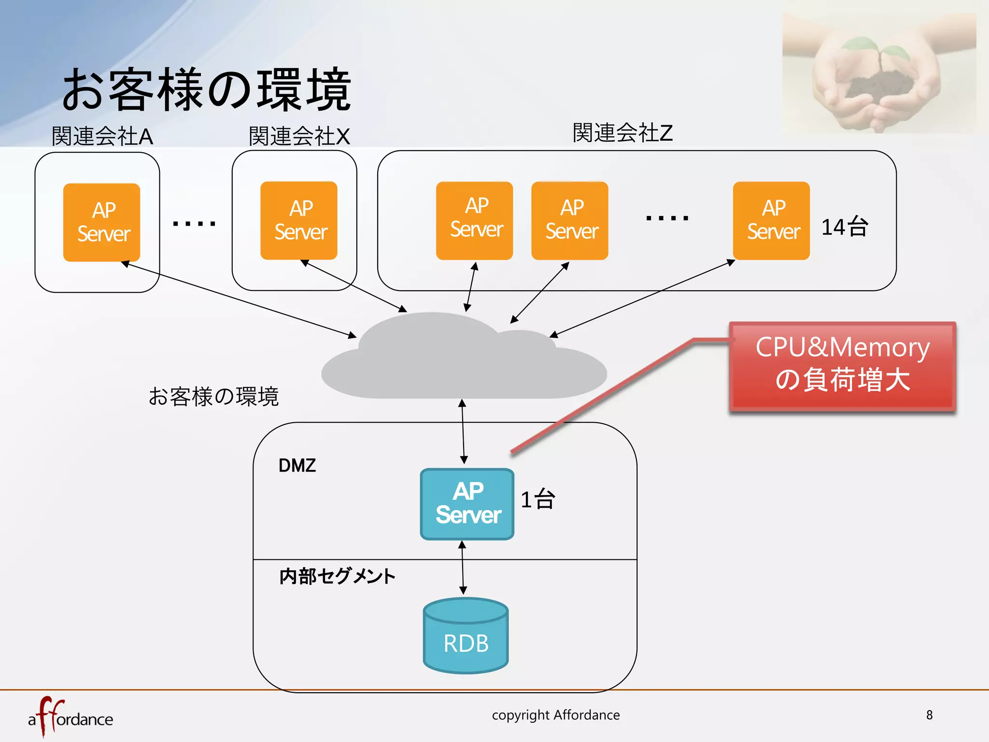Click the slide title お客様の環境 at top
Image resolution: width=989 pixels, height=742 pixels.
point(207,89)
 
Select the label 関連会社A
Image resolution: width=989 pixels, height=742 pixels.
point(102,136)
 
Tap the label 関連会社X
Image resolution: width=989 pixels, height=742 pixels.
point(299,136)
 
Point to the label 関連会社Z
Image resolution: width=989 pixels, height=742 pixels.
point(622,133)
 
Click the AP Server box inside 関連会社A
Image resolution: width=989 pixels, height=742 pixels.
point(102,222)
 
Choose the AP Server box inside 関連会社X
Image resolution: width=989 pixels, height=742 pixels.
point(299,221)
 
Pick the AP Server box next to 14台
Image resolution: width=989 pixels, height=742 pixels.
point(771,221)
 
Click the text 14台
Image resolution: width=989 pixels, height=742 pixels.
point(845,227)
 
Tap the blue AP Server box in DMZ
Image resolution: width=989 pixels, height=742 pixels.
point(467,504)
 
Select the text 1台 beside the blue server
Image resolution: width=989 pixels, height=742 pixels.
point(537,499)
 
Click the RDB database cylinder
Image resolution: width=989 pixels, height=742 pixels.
point(466,636)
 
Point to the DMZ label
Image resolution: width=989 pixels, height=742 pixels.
point(297,466)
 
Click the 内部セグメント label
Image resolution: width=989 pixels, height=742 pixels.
point(337,576)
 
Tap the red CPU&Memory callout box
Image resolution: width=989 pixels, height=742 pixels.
point(842,366)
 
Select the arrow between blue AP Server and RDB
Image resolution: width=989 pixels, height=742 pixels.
point(463,568)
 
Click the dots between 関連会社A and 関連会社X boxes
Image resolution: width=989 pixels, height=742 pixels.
point(194,223)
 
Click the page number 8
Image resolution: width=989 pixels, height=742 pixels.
point(929,715)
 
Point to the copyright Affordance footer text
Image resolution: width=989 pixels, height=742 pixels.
point(556,715)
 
